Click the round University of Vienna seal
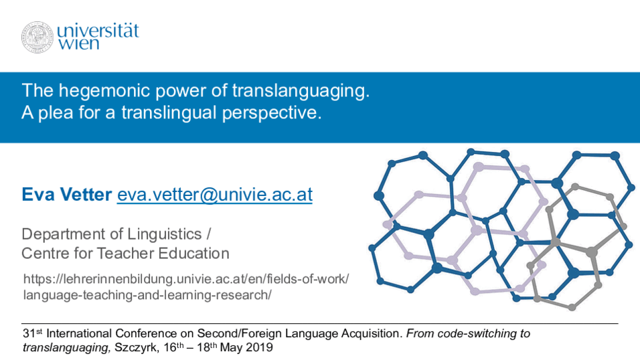(x=37, y=37)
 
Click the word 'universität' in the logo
(x=98, y=31)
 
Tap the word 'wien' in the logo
(x=78, y=43)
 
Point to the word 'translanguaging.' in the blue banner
(x=301, y=91)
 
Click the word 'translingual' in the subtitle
(x=169, y=113)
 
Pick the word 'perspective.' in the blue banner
(x=272, y=113)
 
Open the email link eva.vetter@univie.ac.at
(x=215, y=195)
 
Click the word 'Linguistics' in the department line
(x=165, y=234)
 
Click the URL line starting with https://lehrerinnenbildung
(x=186, y=279)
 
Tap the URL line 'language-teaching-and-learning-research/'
(x=147, y=295)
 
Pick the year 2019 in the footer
(x=259, y=348)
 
